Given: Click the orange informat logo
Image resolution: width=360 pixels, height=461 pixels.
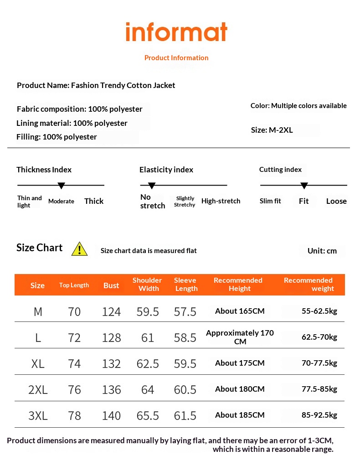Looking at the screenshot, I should coord(176,32).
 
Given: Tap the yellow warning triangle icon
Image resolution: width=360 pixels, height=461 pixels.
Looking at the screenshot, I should coord(79,249).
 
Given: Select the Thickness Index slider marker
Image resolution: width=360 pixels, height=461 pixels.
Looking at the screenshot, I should coord(61,186).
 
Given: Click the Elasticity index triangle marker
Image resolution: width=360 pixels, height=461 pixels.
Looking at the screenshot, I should coord(152,186).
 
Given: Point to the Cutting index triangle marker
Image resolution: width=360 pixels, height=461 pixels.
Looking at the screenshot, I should coord(304,186).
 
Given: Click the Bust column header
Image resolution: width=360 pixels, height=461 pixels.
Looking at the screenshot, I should coord(111,285).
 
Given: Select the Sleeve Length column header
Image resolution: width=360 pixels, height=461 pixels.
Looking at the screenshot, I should coord(185,285).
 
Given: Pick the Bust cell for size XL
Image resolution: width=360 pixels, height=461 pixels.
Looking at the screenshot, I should coord(111,364).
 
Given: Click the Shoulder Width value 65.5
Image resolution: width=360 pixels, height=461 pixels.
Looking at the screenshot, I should coord(148,416).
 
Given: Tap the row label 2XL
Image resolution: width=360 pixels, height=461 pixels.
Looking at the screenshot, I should coord(38,390).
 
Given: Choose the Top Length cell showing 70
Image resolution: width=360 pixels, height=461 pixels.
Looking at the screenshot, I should coord(74,312).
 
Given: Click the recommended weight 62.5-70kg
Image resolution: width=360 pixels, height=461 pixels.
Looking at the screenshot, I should coord(319,337).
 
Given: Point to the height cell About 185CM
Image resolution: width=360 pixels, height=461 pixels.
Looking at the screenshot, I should coord(240,415).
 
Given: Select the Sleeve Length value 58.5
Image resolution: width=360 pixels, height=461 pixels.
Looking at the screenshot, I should coord(185,338).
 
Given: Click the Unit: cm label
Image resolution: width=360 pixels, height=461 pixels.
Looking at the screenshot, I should coord(322,251).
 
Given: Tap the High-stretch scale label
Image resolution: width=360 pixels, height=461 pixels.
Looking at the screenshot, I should coord(221,201).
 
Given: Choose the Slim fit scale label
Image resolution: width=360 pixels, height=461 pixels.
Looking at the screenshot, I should coord(270,201).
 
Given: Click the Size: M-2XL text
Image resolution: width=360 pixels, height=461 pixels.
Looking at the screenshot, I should coord(272,130).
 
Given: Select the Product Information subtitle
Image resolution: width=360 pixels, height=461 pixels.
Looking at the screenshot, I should coord(176,58).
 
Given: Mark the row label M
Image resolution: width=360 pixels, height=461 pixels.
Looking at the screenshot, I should coord(38,312).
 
